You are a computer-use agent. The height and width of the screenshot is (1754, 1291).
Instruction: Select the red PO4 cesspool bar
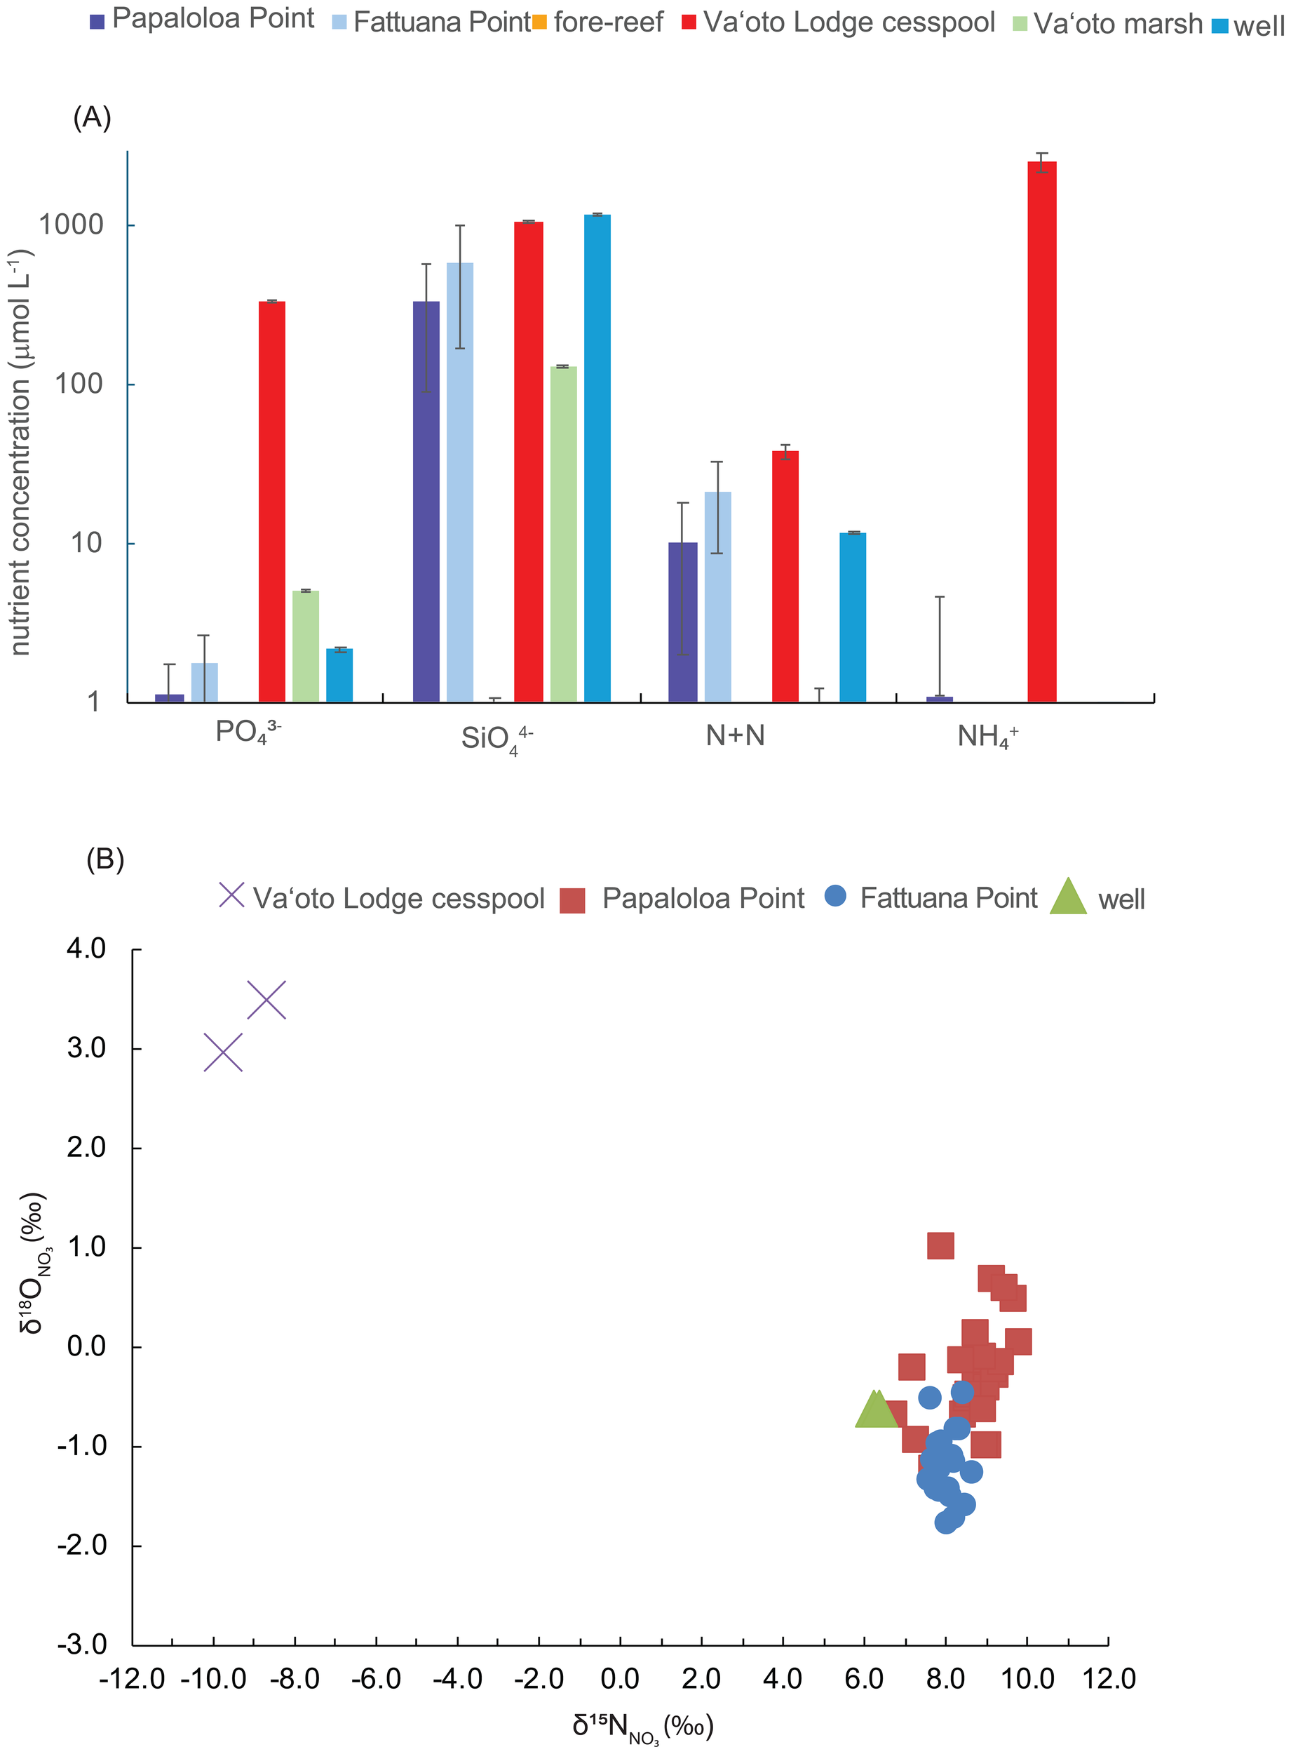tap(272, 501)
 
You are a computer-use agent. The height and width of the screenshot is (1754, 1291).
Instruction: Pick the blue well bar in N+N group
tap(853, 617)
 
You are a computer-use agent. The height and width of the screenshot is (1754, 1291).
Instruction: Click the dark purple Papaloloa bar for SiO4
tap(426, 501)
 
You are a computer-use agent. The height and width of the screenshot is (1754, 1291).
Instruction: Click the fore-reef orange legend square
tap(539, 22)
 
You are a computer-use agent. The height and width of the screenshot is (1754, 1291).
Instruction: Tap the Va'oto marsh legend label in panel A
tap(1118, 23)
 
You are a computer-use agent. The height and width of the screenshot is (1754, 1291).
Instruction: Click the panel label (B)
tap(104, 859)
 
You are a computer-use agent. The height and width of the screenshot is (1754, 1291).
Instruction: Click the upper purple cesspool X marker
tap(266, 999)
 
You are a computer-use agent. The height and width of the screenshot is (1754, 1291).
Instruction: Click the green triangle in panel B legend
tap(1067, 897)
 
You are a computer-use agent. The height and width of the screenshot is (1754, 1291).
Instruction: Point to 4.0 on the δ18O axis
tap(86, 948)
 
